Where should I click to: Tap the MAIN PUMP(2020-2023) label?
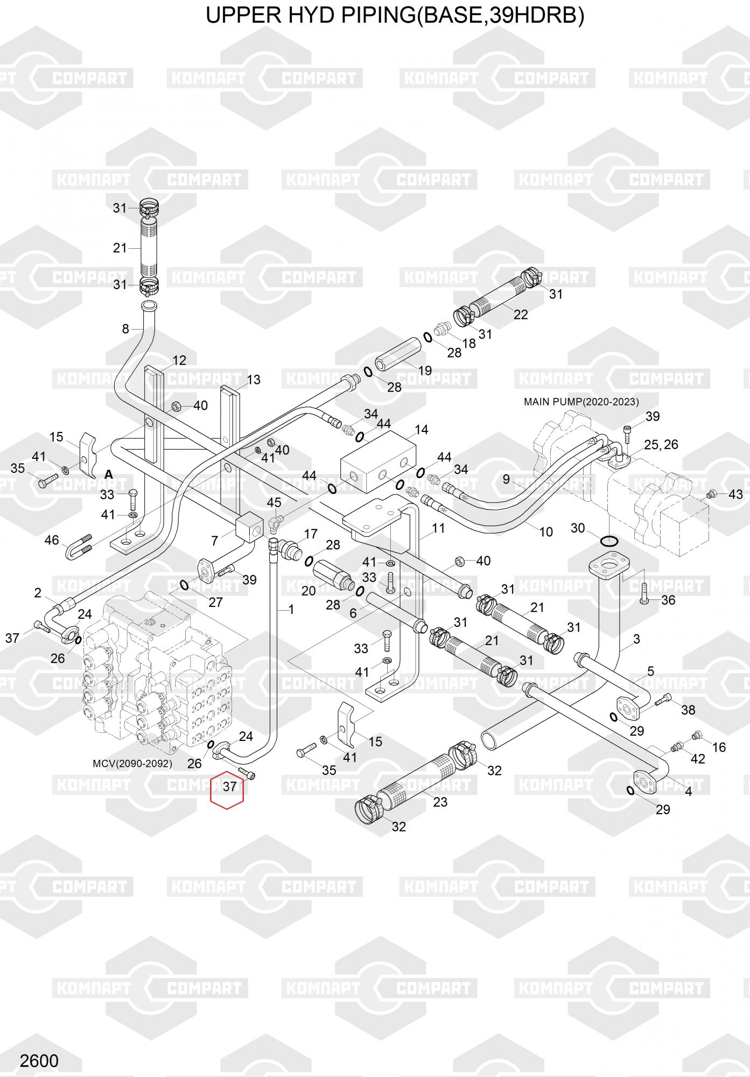(581, 402)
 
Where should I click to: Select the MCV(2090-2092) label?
(132, 764)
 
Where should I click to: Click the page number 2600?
(39, 1060)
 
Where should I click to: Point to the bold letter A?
(109, 474)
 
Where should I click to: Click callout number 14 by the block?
(422, 429)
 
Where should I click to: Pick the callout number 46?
(52, 540)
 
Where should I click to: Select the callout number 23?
(440, 802)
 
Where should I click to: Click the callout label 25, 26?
(661, 444)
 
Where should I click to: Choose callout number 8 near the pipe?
(125, 328)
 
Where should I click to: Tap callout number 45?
(274, 502)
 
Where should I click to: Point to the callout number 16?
(719, 747)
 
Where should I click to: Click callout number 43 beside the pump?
(735, 494)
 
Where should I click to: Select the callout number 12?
(179, 360)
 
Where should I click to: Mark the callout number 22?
(521, 314)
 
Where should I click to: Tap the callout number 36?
(668, 600)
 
